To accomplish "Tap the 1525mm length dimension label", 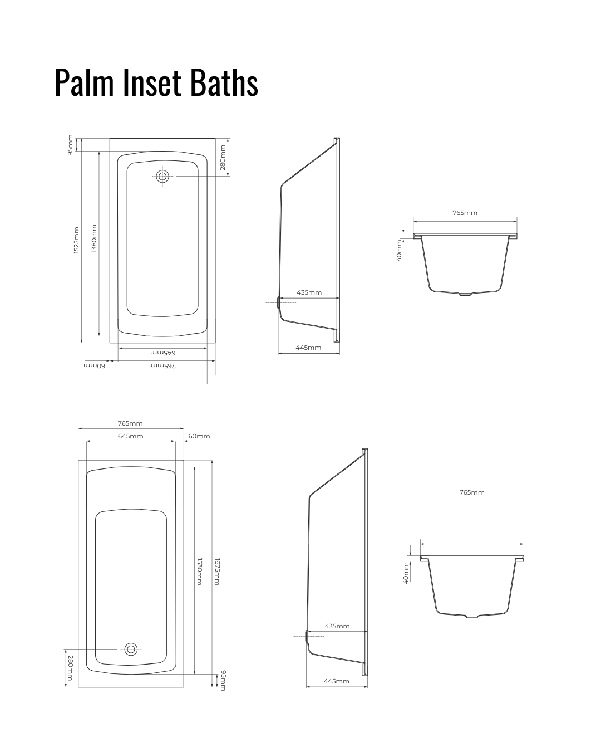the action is point(76,240).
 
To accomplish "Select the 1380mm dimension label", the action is point(94,238).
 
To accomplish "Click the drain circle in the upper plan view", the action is point(162,176).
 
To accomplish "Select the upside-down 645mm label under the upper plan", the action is point(163,353).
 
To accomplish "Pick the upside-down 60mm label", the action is point(94,365).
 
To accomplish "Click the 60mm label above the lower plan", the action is point(199,436).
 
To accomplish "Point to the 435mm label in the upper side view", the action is point(309,292).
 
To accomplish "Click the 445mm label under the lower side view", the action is point(336,681).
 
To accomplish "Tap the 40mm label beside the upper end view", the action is point(400,250).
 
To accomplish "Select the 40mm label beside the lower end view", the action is point(406,573).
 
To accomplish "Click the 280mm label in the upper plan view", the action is point(223,158).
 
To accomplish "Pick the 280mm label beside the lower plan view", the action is point(70,668).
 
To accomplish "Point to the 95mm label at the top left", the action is point(70,145).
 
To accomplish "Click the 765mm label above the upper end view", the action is point(465,213).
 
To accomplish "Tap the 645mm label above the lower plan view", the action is point(131,436).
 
